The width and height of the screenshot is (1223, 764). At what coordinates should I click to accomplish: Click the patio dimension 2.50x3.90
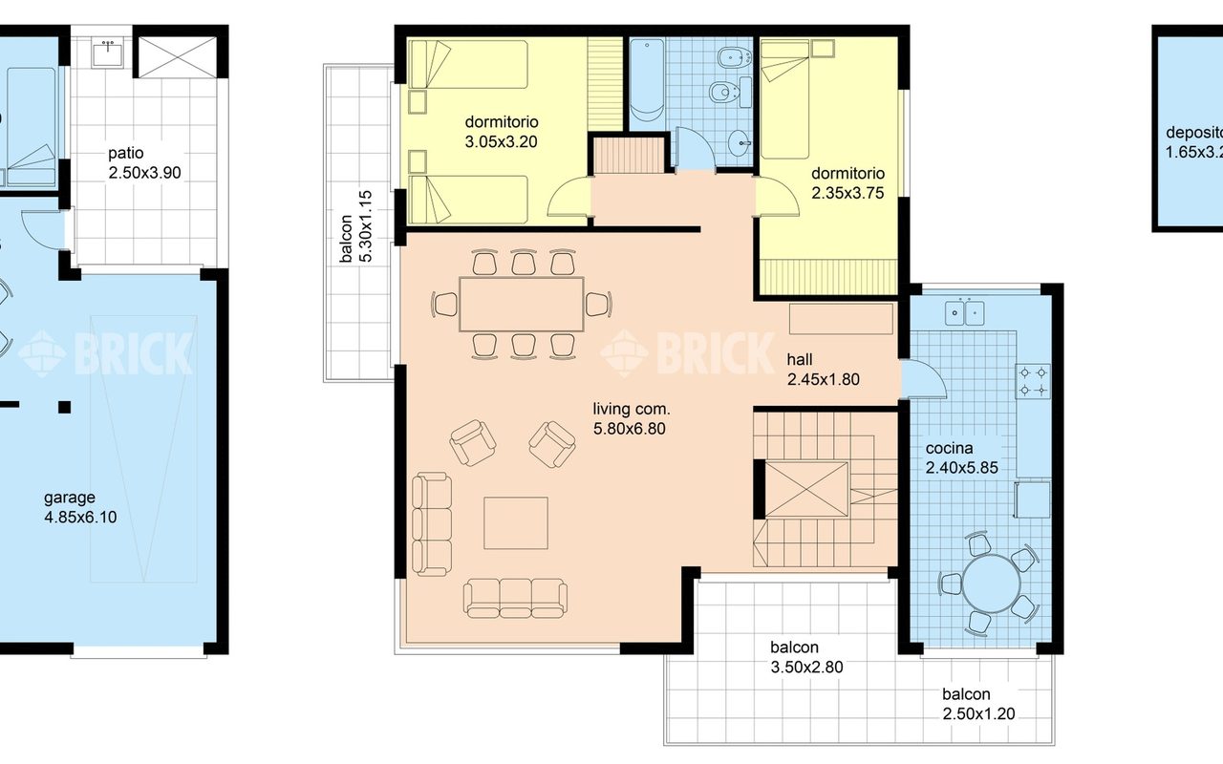point(144,173)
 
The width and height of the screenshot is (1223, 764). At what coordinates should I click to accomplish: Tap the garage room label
point(70,498)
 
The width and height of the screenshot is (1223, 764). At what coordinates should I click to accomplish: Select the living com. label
point(632,409)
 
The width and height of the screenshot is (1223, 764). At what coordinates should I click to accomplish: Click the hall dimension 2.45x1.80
point(824,379)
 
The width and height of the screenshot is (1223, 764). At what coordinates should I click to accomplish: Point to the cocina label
point(949,448)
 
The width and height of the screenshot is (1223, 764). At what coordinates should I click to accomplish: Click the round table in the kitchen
point(991,584)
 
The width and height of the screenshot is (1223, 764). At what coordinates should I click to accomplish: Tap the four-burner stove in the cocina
point(1033,381)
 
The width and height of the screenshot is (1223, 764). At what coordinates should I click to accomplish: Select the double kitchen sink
point(965,312)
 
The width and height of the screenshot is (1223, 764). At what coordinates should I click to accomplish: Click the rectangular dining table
point(522,304)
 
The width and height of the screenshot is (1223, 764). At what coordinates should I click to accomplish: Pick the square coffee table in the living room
point(515,522)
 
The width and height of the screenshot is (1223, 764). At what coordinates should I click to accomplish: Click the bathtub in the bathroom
point(647,83)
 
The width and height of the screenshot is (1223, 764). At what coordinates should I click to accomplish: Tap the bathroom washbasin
point(740,143)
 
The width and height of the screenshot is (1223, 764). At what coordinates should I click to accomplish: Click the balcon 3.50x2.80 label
point(806,657)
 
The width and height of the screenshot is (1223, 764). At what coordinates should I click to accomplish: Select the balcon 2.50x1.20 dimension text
point(978,713)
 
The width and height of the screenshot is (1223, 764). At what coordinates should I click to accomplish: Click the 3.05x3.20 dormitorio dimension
point(502,142)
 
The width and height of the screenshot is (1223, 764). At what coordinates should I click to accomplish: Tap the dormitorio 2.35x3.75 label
point(848,183)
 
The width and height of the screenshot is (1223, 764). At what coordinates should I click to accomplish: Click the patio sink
point(108,53)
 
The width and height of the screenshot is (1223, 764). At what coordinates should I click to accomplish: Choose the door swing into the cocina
point(924,379)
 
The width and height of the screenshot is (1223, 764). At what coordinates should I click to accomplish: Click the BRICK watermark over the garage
point(105,353)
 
